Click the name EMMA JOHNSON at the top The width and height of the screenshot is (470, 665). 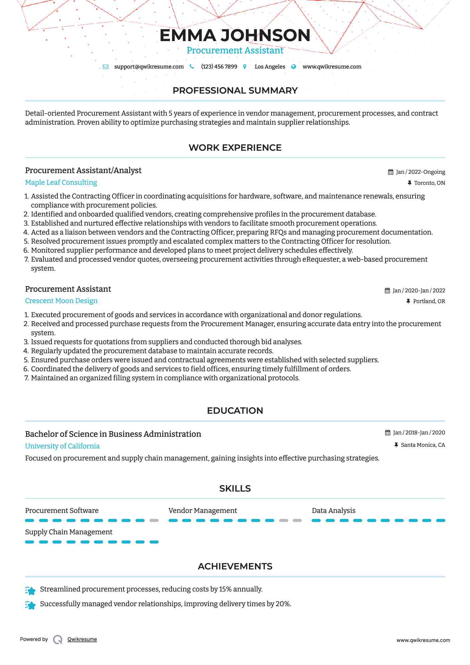click(235, 35)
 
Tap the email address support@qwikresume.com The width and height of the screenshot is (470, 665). click(149, 66)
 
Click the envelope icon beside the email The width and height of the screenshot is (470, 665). click(106, 66)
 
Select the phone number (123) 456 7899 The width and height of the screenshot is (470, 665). click(219, 66)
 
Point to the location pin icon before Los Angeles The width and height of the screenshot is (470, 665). click(245, 66)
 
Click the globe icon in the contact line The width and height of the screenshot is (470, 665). click(294, 66)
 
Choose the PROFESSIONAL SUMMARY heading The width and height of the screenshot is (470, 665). click(235, 91)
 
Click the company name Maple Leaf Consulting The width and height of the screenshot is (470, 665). click(61, 182)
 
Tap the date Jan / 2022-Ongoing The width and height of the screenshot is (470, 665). click(420, 172)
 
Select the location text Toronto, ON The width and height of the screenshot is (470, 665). click(429, 183)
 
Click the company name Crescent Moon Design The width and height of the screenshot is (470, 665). click(61, 301)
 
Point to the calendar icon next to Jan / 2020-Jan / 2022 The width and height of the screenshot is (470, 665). click(387, 291)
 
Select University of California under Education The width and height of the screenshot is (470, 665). click(62, 446)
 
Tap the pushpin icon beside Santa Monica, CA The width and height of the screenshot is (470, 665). click(396, 445)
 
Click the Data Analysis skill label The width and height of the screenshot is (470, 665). click(333, 511)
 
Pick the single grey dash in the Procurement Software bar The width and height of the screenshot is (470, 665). click(154, 520)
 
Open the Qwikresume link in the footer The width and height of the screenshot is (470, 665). click(82, 639)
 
